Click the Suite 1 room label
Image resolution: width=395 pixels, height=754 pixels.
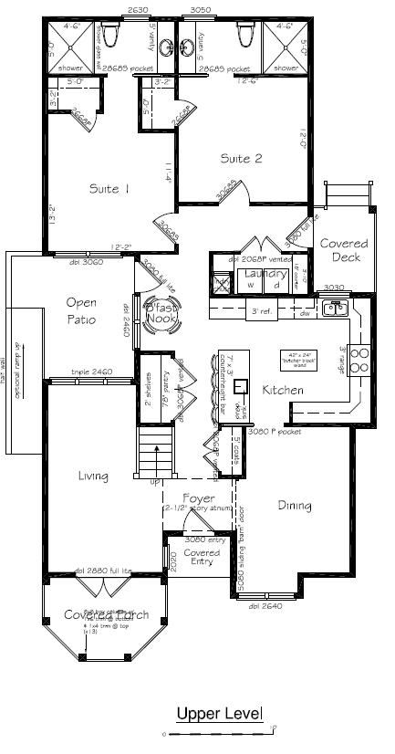point(109,189)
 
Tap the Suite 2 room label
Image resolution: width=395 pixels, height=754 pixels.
point(241,158)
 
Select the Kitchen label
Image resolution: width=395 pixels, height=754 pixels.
point(283,391)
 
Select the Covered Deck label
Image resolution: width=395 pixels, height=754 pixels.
point(343,250)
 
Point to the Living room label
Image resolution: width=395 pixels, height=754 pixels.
point(94,476)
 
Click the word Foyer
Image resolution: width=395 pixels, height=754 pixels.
point(199,498)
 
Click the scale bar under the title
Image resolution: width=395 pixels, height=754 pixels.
point(219,732)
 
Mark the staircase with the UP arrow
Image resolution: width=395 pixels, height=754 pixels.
point(152,456)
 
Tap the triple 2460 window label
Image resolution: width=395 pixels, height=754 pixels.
point(91,372)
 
